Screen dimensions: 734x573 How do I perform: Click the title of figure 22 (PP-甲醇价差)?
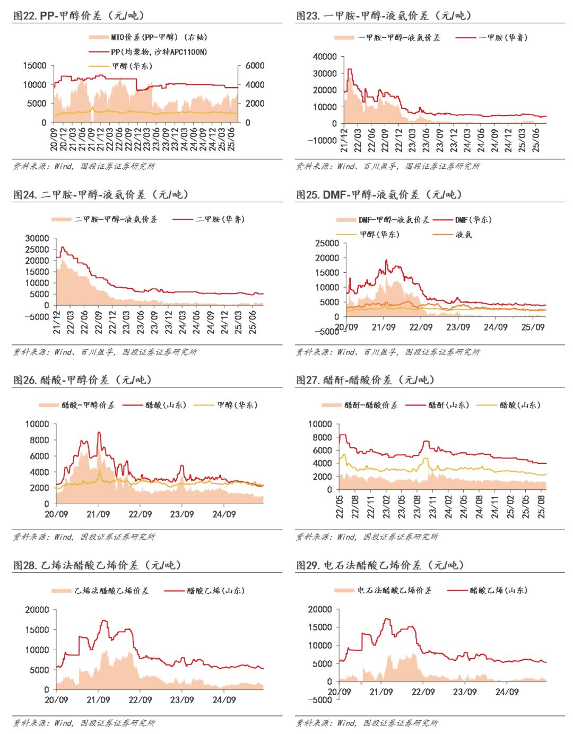click(79, 15)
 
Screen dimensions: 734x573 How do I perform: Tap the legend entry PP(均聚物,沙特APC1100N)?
click(159, 52)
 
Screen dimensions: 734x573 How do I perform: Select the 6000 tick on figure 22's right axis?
click(255, 66)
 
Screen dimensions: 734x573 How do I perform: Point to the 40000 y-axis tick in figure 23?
click(325, 57)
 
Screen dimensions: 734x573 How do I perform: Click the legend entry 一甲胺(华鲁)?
click(502, 38)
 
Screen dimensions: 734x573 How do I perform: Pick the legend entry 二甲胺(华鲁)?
click(220, 219)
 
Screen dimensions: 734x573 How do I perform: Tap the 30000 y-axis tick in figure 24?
click(37, 238)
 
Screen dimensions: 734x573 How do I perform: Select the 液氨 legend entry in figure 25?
click(463, 234)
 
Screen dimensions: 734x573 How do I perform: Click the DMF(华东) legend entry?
click(473, 220)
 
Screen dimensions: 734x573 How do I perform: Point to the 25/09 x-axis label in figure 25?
click(533, 327)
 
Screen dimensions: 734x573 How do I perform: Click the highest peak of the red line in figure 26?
click(99, 433)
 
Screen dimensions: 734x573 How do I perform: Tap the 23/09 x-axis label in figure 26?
click(182, 514)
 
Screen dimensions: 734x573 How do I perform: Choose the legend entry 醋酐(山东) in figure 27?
click(448, 405)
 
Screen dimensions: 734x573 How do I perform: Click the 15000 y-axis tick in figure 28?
click(37, 630)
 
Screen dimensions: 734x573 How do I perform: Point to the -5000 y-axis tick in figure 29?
click(320, 700)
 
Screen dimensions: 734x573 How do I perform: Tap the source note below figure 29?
click(367, 723)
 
